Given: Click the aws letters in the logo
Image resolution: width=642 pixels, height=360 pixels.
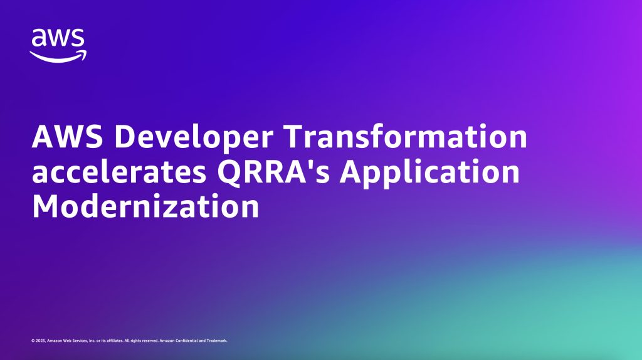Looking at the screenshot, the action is tap(58, 38).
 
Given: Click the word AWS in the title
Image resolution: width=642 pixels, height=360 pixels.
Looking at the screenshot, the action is tap(68, 136).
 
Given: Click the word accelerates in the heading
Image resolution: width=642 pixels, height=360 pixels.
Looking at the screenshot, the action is tap(119, 172).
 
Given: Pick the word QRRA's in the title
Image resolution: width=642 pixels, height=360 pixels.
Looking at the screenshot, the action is tap(273, 172).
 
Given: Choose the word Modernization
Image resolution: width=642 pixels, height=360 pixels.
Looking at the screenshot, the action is tap(145, 206).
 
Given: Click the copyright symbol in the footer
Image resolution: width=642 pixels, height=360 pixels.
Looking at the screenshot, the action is tap(33, 341).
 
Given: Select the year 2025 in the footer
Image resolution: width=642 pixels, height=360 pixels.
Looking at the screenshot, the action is tap(41, 341).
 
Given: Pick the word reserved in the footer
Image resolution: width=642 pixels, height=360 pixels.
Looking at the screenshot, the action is tap(150, 341).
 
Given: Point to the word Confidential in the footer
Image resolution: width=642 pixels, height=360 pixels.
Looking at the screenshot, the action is tap(186, 341).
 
